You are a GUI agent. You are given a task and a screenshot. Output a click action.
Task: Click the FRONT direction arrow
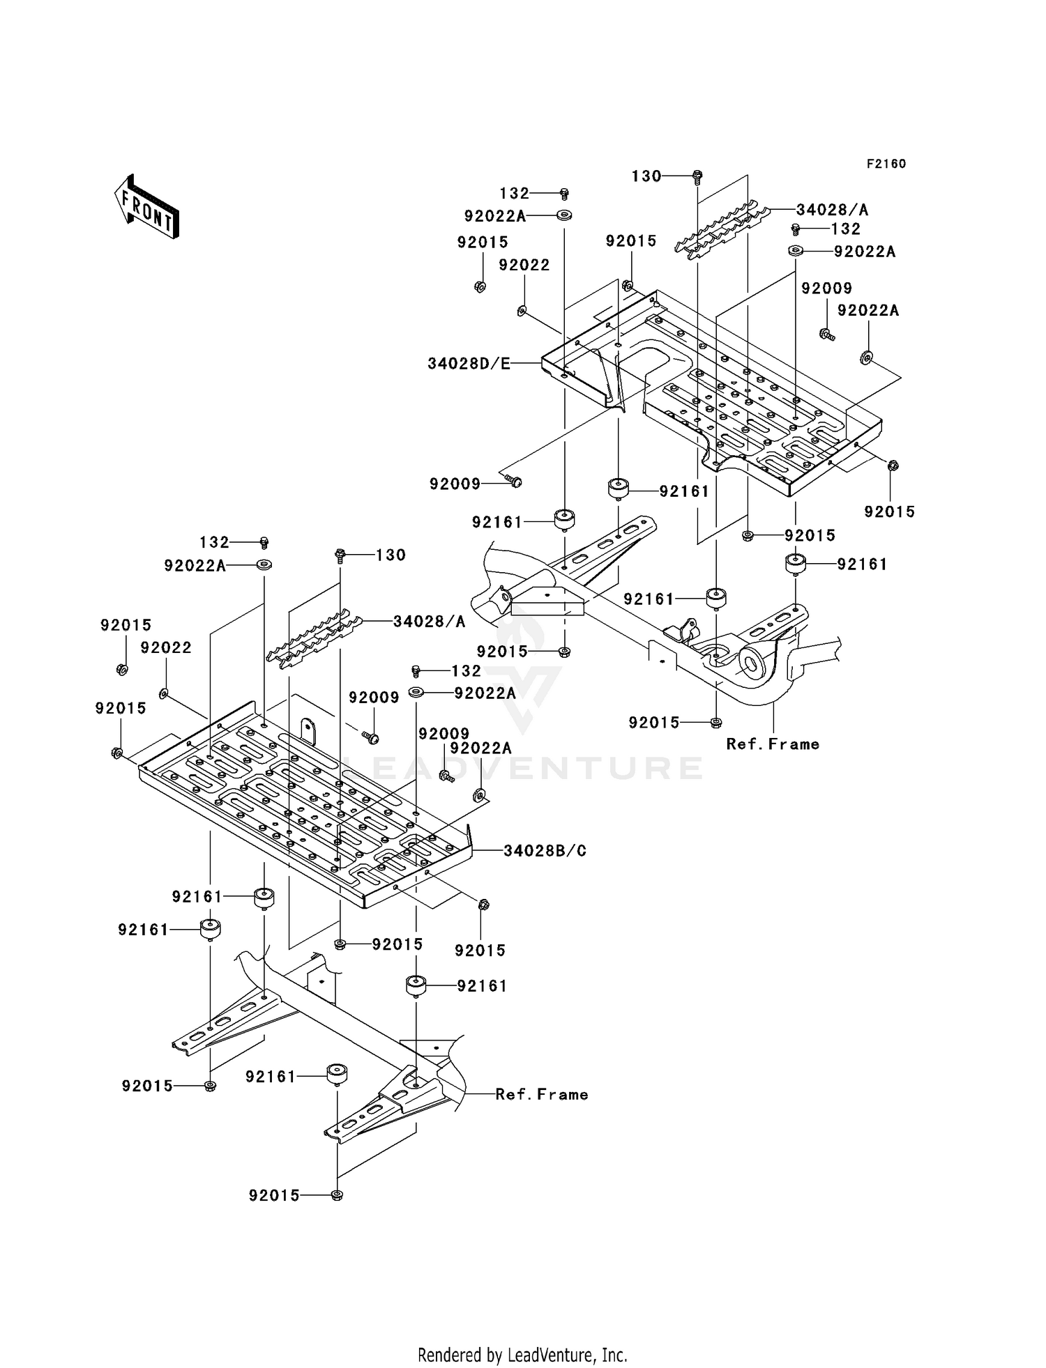pyautogui.click(x=147, y=207)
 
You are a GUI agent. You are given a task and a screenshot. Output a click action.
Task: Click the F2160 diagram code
pyautogui.click(x=886, y=164)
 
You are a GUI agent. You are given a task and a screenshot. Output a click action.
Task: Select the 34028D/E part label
pyautogui.click(x=469, y=363)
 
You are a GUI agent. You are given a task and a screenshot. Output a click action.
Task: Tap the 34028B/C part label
pyautogui.click(x=545, y=850)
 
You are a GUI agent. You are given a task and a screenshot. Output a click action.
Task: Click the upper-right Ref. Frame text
pyautogui.click(x=773, y=744)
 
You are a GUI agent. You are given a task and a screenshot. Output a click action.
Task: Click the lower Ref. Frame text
pyautogui.click(x=542, y=1094)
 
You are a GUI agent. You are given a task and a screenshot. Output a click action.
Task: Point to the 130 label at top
pyautogui.click(x=646, y=176)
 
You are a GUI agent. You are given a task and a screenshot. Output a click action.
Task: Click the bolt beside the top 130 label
pyautogui.click(x=697, y=177)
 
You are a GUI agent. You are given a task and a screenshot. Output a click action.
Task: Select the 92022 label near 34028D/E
pyautogui.click(x=524, y=265)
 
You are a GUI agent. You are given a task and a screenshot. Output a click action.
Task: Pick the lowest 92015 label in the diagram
pyautogui.click(x=274, y=1195)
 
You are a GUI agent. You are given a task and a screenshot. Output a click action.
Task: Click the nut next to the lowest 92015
pyautogui.click(x=337, y=1195)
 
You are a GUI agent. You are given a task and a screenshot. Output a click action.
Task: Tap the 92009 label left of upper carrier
pyautogui.click(x=455, y=484)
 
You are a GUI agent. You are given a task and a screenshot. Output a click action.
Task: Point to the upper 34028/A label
pyautogui.click(x=832, y=210)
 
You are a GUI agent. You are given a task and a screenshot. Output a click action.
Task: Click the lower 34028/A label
pyautogui.click(x=428, y=621)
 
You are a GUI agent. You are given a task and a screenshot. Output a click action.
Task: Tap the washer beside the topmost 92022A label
pyautogui.click(x=564, y=215)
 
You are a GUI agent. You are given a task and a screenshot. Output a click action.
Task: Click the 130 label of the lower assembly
pyautogui.click(x=391, y=555)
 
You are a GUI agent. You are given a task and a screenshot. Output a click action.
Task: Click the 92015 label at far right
pyautogui.click(x=889, y=512)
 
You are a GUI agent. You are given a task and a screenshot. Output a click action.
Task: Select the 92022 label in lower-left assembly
pyautogui.click(x=166, y=647)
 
